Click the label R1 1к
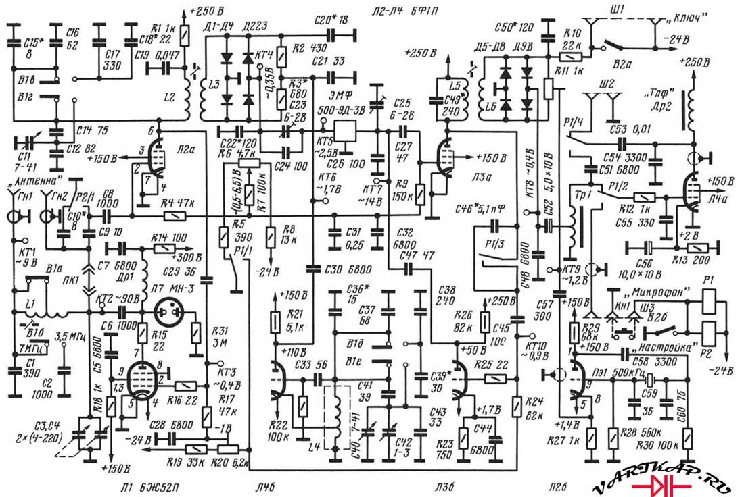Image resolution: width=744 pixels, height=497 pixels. point(166,28)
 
